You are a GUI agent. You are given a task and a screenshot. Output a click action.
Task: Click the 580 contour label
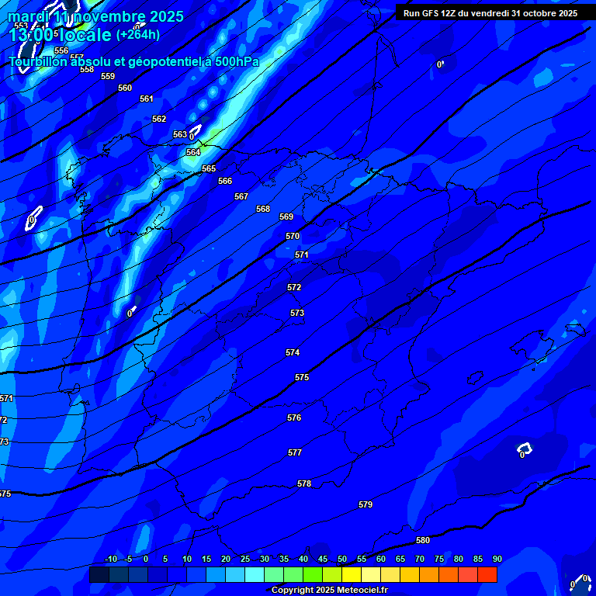(x=423, y=540)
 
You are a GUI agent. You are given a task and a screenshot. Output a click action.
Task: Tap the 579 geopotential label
(x=366, y=504)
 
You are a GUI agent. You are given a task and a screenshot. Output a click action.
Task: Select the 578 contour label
(x=304, y=483)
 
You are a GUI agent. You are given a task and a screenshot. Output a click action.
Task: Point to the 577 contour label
(x=295, y=452)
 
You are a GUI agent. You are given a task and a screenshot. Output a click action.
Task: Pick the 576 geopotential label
(x=294, y=418)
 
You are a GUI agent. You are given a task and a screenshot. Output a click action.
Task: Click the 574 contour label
(x=293, y=352)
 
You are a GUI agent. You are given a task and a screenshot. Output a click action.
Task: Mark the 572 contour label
(x=294, y=287)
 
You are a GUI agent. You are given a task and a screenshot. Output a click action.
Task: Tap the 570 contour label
(x=293, y=236)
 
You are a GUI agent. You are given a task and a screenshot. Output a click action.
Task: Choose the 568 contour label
(x=263, y=209)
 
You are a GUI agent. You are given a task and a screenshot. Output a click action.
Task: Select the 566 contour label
(x=225, y=181)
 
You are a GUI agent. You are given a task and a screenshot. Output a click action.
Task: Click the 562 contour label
(x=159, y=119)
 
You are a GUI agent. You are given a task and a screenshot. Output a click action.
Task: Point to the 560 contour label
(x=125, y=88)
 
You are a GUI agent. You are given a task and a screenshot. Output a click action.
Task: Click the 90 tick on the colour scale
(x=497, y=559)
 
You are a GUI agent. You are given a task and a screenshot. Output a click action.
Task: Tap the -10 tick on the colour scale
(x=111, y=559)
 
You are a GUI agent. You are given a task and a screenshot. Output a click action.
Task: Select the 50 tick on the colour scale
(x=342, y=559)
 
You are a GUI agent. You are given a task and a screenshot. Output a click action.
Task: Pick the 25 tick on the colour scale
(x=245, y=559)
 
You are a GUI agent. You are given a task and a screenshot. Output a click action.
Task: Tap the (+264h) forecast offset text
(x=138, y=34)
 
